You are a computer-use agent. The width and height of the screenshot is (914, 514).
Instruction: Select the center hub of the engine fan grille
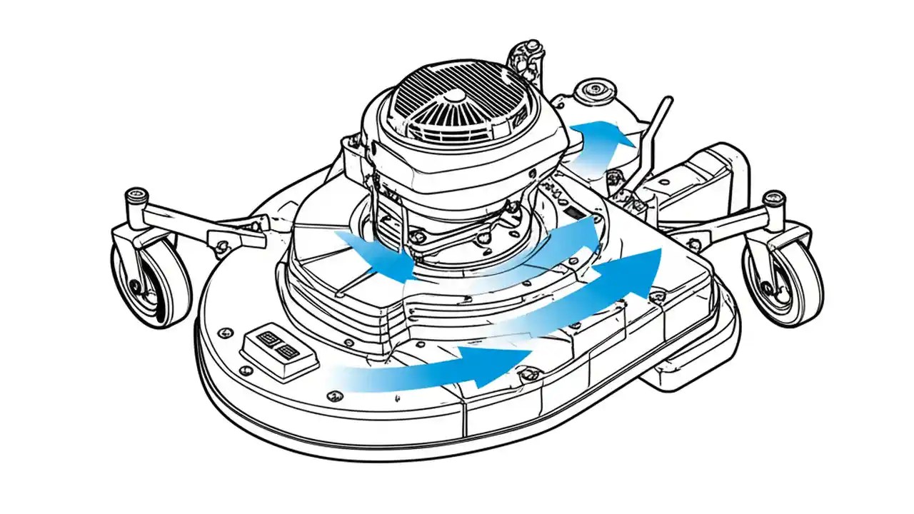[x=454, y=96]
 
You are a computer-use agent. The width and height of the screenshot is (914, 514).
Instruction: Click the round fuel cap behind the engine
[x=592, y=92]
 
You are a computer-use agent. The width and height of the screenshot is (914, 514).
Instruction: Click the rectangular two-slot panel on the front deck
[x=278, y=348]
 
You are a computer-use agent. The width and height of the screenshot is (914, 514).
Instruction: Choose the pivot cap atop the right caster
[x=773, y=197]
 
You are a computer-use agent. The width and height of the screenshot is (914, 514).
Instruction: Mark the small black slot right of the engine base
[x=573, y=213]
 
